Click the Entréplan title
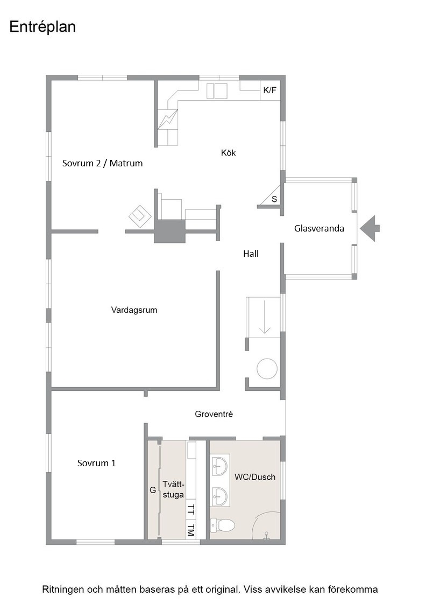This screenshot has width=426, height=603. [42, 27]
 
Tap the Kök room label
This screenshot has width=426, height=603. [228, 153]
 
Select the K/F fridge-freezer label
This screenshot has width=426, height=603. [269, 90]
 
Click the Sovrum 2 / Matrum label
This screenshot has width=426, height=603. [103, 163]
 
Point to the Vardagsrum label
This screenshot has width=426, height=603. [134, 310]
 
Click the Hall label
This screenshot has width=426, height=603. [251, 254]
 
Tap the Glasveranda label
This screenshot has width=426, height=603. [319, 228]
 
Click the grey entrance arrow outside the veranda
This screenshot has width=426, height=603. [370, 228]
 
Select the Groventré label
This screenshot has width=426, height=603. [214, 414]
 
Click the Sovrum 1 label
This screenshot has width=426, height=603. [96, 463]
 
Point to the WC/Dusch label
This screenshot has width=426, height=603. [255, 477]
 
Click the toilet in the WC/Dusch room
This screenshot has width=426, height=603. [222, 524]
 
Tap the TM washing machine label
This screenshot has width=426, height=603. [191, 530]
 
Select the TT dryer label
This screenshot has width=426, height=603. [191, 509]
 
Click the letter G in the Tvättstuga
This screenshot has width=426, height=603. [153, 490]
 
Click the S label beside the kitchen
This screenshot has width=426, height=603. [274, 199]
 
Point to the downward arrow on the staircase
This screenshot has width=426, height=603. [265, 317]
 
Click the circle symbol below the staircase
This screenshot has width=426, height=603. [267, 369]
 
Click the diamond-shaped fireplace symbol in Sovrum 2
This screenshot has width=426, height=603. [139, 216]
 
